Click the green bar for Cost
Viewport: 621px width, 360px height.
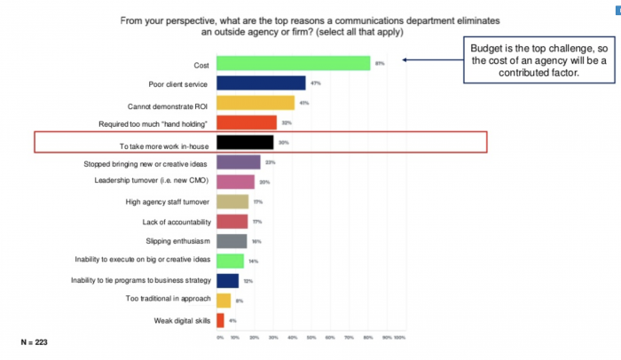(293, 64)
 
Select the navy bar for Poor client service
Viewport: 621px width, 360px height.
(261, 83)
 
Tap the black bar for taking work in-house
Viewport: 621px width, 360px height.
(245, 142)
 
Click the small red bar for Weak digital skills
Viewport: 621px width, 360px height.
(220, 320)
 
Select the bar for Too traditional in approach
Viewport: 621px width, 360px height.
(224, 301)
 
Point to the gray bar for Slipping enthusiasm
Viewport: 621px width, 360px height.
(232, 241)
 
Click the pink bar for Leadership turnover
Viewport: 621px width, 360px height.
(235, 182)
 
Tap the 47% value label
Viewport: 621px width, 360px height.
(315, 83)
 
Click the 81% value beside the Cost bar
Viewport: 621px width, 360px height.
(379, 64)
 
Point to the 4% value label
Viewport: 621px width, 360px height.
(232, 320)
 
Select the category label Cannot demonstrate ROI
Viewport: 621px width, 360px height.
(166, 103)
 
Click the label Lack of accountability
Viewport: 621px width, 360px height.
(175, 222)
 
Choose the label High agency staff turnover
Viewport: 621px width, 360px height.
(169, 201)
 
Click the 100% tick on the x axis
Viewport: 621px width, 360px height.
(400, 337)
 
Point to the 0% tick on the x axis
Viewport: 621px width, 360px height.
(218, 337)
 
